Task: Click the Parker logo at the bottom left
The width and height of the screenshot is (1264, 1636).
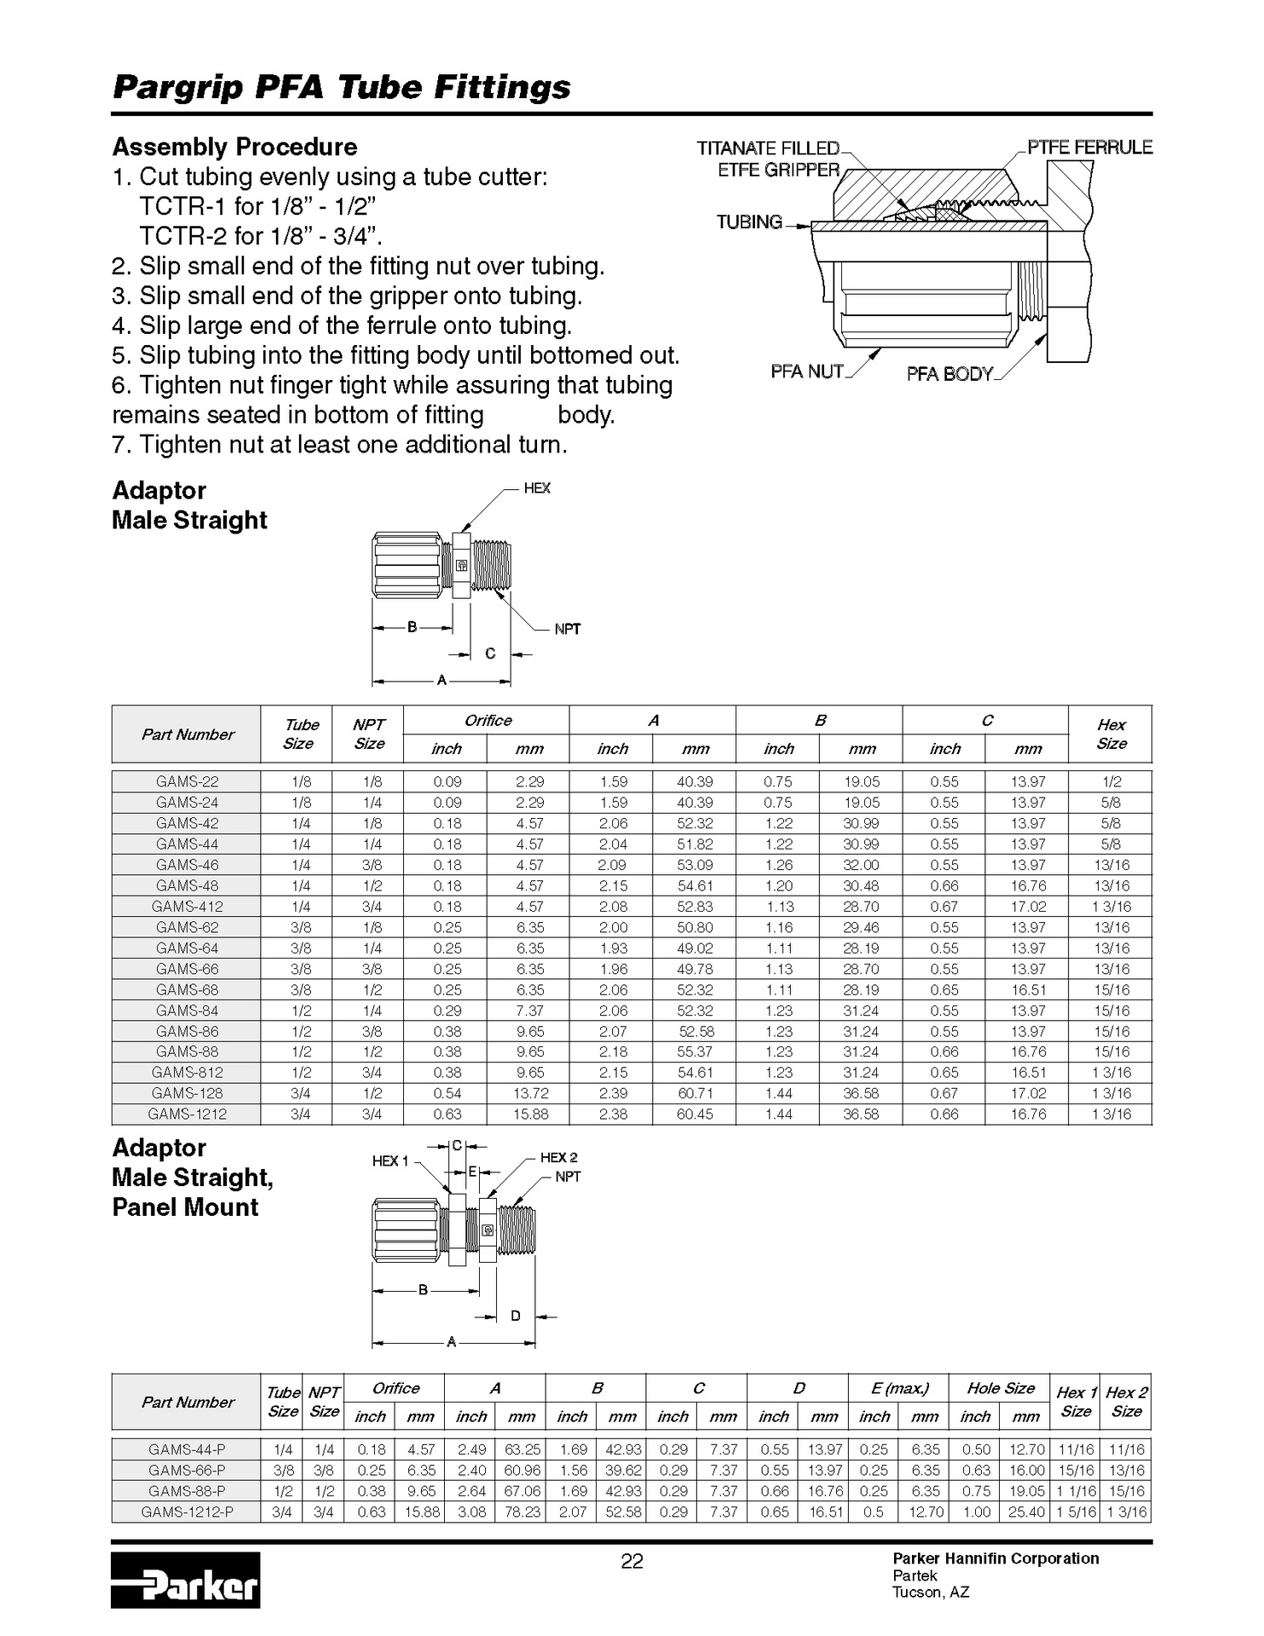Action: tap(185, 1580)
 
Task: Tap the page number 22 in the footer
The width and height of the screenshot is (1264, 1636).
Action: tap(632, 1561)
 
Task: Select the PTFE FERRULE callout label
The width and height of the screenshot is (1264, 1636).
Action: tap(1089, 147)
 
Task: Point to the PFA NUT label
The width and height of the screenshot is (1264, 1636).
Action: tap(806, 372)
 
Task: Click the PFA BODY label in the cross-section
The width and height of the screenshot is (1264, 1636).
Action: tap(949, 374)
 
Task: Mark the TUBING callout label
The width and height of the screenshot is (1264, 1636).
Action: tap(749, 222)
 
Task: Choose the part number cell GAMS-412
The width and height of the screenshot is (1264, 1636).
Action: tap(187, 907)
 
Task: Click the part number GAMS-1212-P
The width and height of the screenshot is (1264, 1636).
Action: tap(187, 1512)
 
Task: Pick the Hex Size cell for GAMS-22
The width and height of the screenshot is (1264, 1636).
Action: tap(1111, 781)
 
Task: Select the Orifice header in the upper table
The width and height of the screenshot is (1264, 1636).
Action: tap(488, 721)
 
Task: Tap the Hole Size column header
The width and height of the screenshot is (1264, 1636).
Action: tap(1001, 1388)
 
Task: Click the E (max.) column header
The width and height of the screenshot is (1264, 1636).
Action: tap(899, 1388)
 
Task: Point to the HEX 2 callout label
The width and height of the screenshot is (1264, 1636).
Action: tap(558, 1157)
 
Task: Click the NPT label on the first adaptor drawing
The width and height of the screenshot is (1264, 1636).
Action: tap(567, 629)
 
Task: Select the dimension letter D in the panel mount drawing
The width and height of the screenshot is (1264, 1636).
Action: tap(515, 1316)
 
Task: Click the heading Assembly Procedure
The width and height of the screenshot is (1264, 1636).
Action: tap(234, 147)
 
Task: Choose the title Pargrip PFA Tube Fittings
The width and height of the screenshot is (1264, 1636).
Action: tap(342, 87)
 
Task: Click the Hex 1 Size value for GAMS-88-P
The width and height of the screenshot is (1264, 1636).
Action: tap(1076, 1491)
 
